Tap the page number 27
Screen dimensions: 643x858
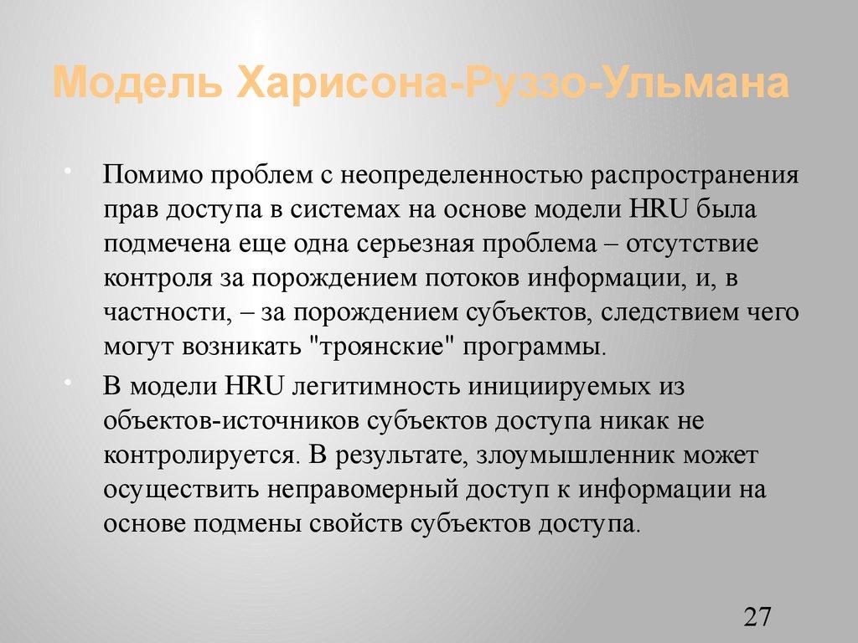[x=756, y=618]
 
